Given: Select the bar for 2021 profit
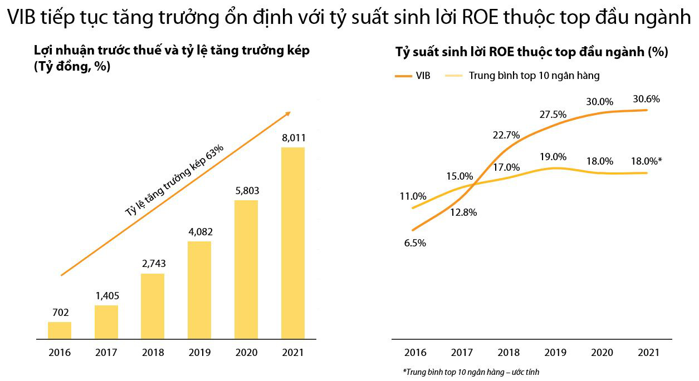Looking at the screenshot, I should [x=292, y=243].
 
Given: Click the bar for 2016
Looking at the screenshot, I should [x=60, y=330].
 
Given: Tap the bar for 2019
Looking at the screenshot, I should [x=199, y=290].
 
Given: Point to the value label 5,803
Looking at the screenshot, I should [x=246, y=190].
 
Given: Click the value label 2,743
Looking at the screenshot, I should [x=153, y=264].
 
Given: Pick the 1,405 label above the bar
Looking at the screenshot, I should [x=106, y=295].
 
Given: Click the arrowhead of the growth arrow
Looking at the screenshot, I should [x=288, y=113].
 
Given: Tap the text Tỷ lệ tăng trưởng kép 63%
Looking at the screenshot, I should [x=174, y=180].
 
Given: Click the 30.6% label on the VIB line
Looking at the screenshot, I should [x=646, y=99].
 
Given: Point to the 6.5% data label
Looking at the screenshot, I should [x=415, y=243].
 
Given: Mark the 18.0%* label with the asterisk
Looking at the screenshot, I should [x=646, y=161].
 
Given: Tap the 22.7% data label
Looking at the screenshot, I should [x=506, y=135].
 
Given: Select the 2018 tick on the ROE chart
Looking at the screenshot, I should [x=508, y=353].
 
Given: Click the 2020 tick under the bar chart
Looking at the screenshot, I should [x=246, y=353].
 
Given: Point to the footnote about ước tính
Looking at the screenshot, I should [x=471, y=372].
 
